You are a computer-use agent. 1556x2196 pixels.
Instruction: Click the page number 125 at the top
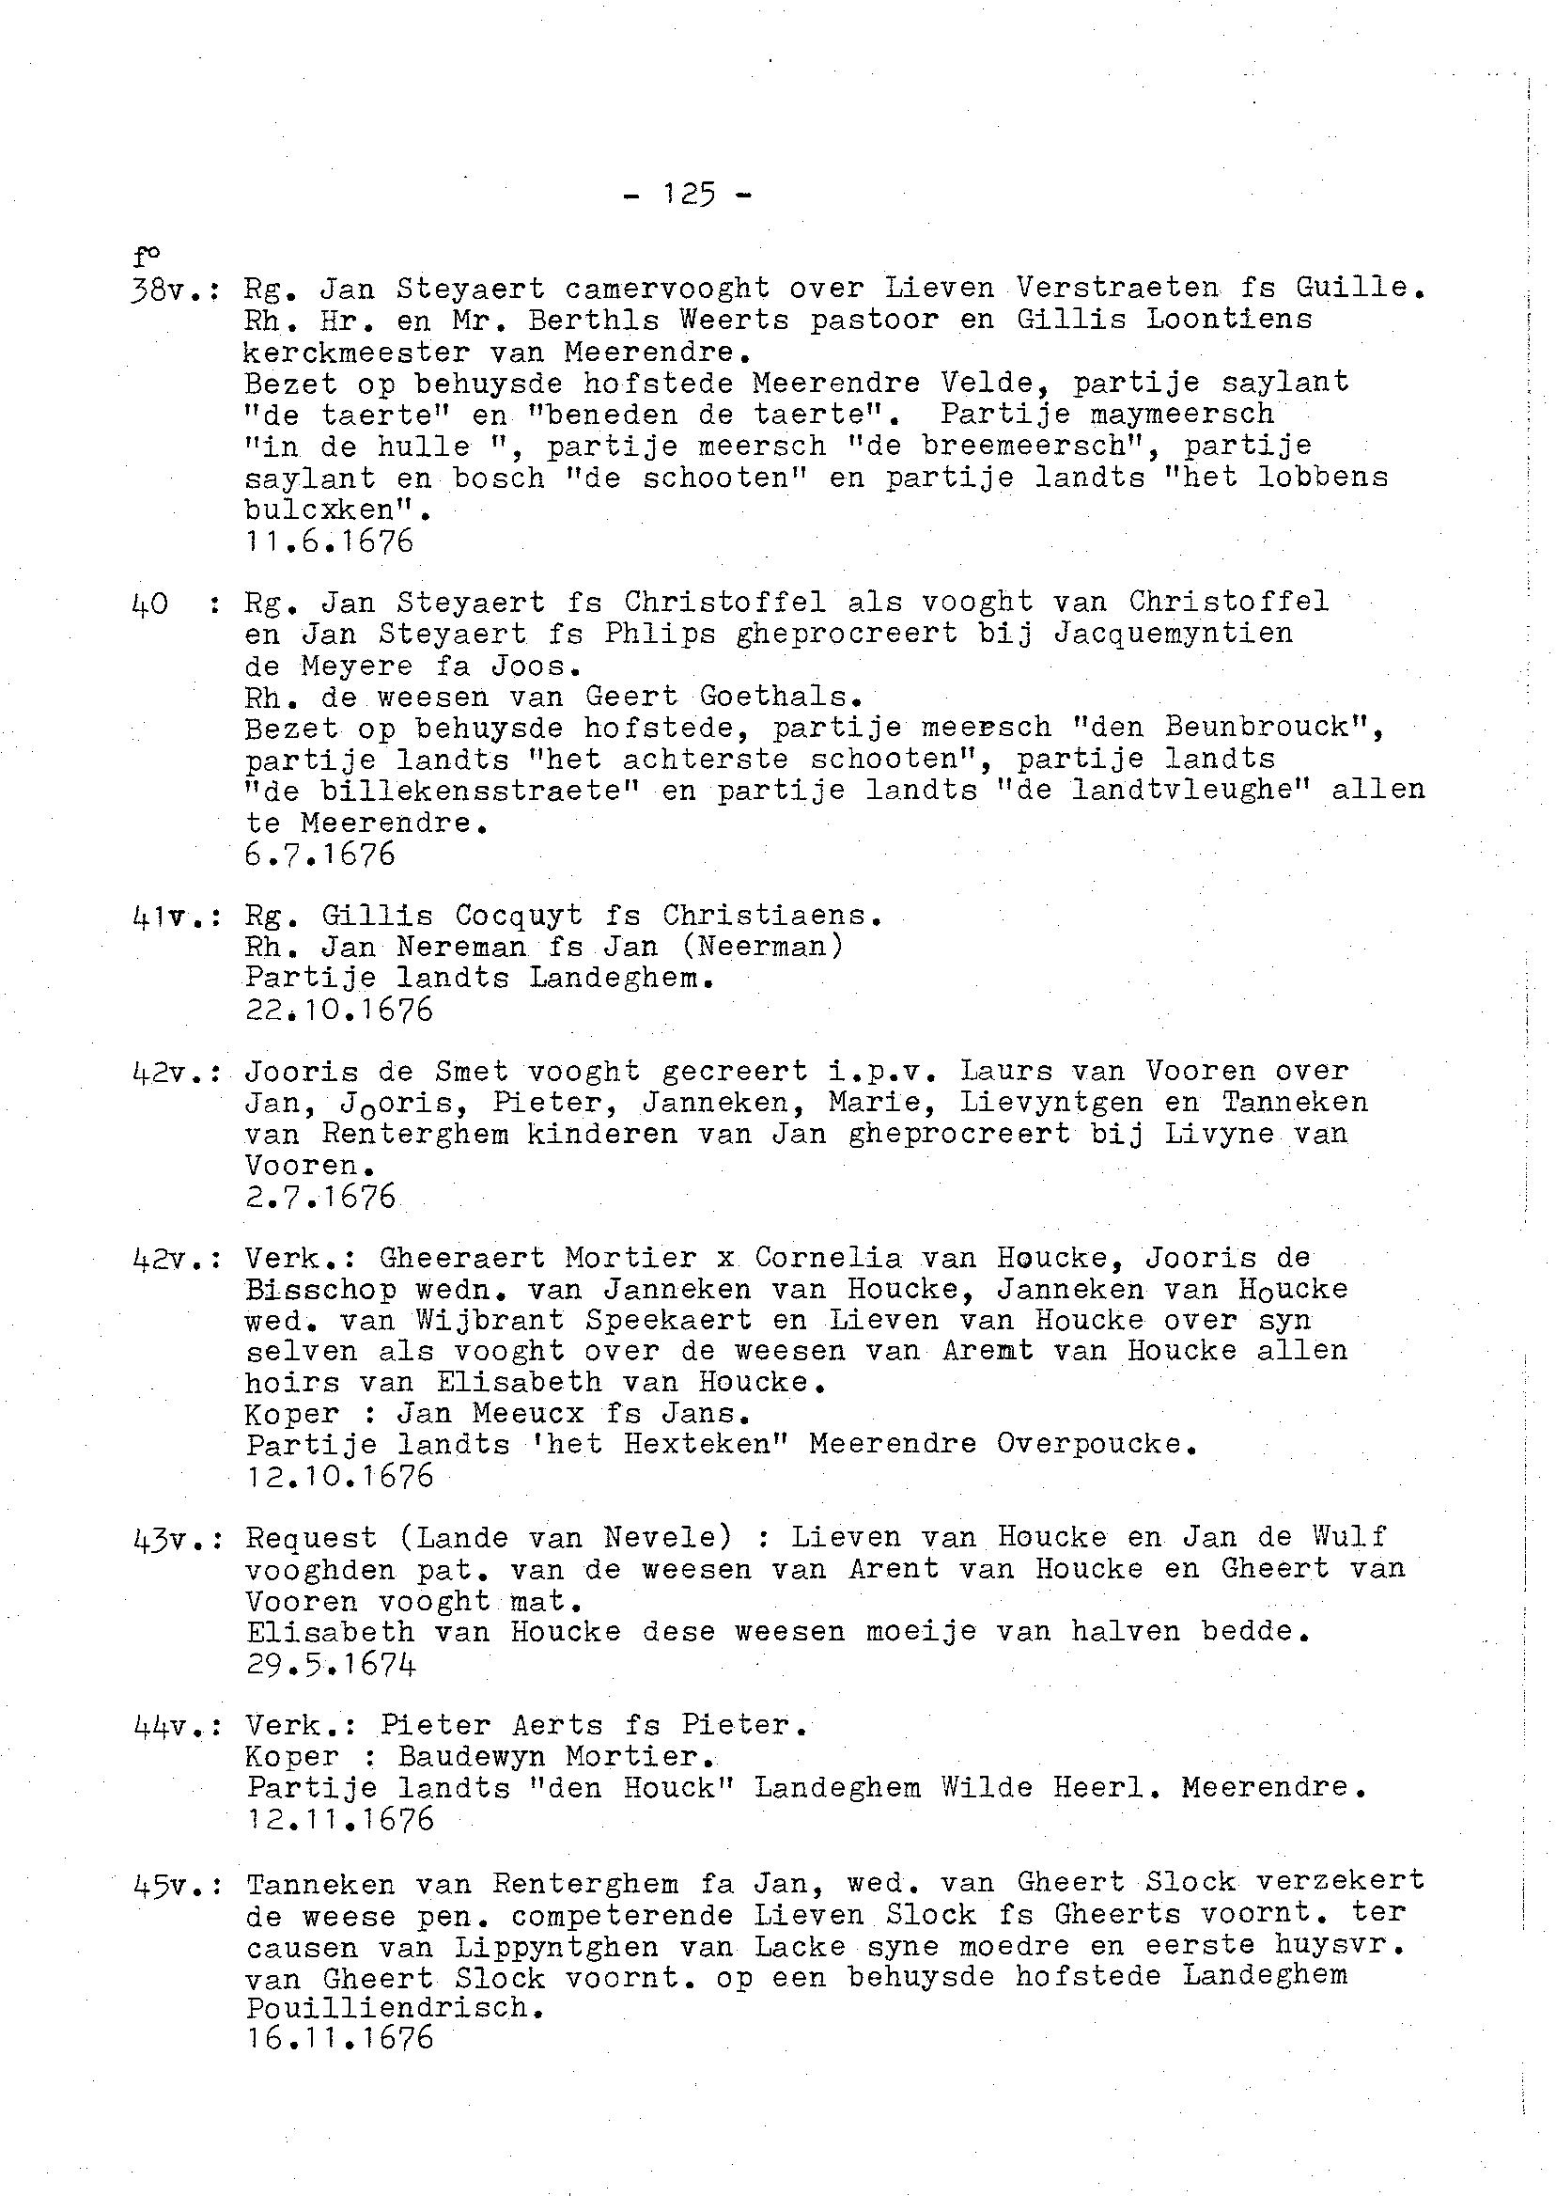point(688,196)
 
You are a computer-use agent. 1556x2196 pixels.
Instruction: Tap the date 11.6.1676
point(329,542)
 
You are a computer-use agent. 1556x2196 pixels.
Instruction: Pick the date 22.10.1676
point(338,1011)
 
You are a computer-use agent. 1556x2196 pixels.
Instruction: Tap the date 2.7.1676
point(319,1199)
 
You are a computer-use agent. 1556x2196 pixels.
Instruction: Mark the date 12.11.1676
point(338,1820)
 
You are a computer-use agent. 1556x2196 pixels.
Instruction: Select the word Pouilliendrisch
point(385,2008)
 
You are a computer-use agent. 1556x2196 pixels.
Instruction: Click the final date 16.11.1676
point(338,2040)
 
